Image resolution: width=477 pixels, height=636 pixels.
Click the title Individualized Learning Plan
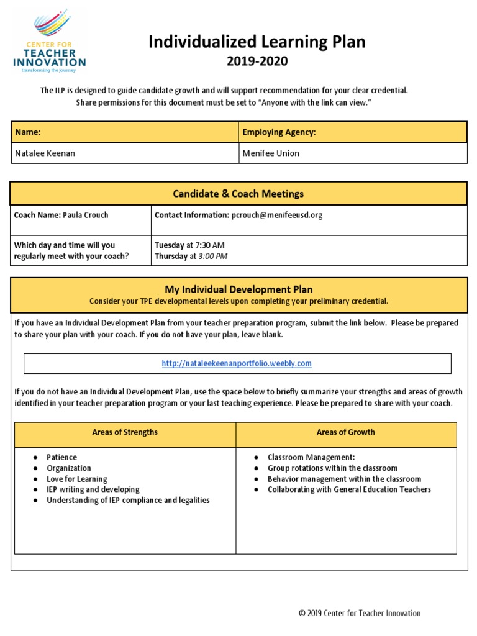click(x=257, y=42)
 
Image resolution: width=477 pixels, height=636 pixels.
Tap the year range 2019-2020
click(x=257, y=61)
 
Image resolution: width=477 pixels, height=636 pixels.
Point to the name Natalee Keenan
click(x=45, y=153)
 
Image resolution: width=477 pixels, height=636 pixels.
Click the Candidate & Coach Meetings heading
click(x=238, y=194)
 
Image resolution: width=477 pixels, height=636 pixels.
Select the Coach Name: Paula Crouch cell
click(x=62, y=215)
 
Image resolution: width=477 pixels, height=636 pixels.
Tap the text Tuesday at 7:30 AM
click(x=189, y=245)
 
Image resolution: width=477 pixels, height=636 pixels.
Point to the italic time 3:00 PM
click(x=212, y=256)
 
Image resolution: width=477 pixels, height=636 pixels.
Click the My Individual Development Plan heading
click(x=238, y=289)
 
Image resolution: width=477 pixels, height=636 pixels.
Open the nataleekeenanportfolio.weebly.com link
click(x=237, y=364)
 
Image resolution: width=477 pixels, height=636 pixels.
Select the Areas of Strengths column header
click(x=125, y=432)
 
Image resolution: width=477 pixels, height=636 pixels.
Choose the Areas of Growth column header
click(x=345, y=432)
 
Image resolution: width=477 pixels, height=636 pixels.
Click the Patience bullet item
click(x=62, y=458)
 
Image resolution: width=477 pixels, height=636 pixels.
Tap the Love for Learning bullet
click(x=76, y=479)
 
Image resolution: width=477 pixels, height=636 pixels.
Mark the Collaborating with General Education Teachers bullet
click(x=349, y=489)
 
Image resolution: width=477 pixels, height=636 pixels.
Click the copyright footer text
click(x=359, y=613)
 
